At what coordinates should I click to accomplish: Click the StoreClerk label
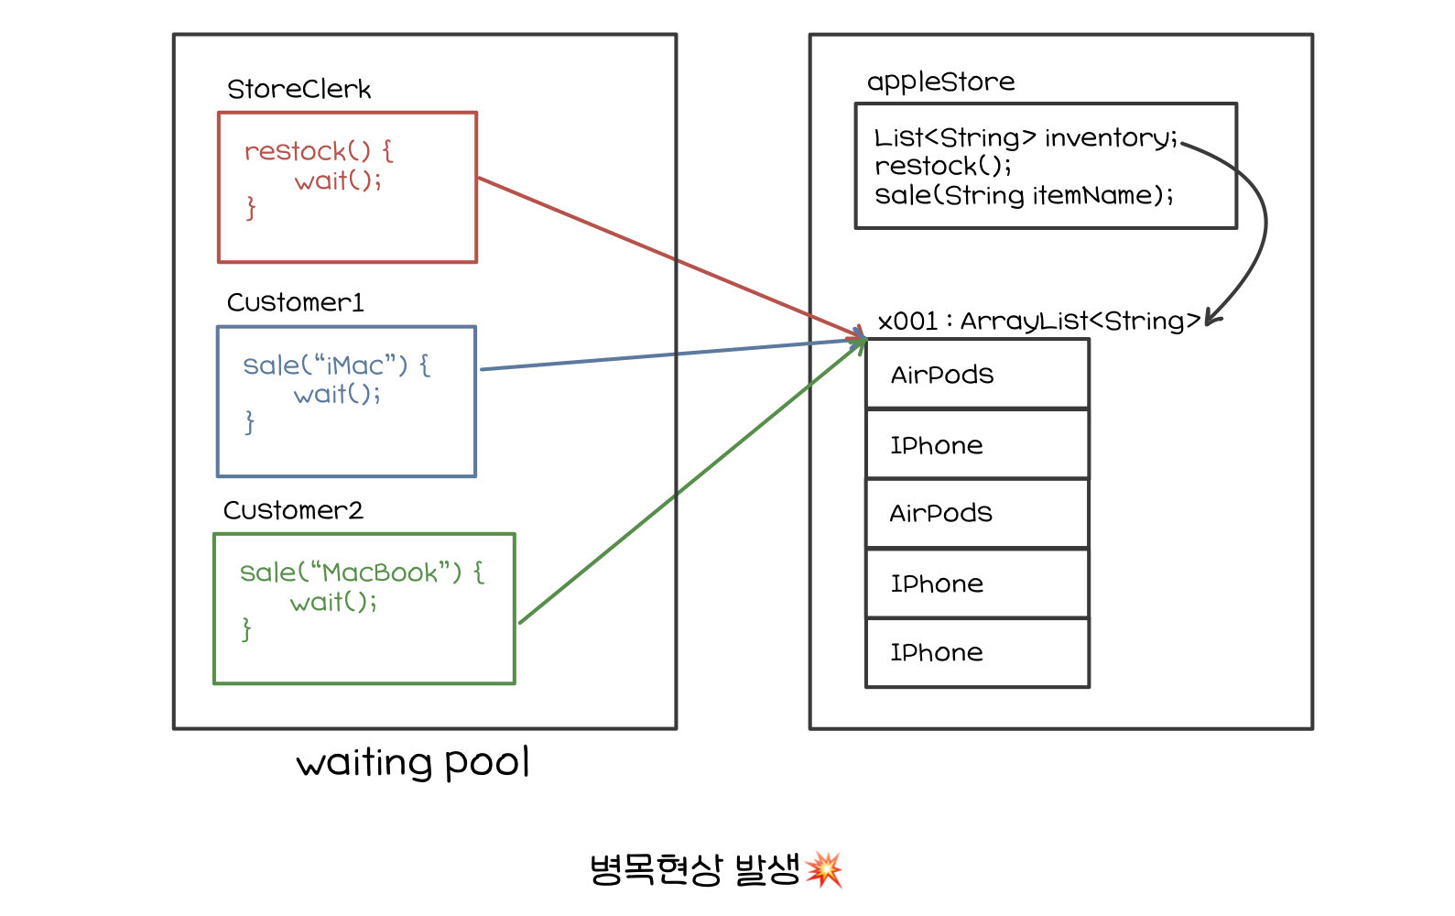[x=299, y=89]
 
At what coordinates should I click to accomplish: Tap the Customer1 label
[x=295, y=302]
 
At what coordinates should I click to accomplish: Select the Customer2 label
[x=293, y=510]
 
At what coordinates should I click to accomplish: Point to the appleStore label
[x=940, y=82]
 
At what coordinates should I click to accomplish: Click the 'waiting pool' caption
[x=413, y=763]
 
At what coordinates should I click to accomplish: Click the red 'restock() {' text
[x=319, y=151]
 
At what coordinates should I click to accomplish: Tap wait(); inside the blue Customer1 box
[x=336, y=394]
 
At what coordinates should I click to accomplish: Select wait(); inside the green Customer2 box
[x=333, y=602]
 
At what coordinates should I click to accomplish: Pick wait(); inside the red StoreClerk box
[x=338, y=180]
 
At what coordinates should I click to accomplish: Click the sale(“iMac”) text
[x=325, y=365]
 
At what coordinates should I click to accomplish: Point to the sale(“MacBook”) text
[x=351, y=572]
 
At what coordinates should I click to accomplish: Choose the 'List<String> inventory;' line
[x=1026, y=137]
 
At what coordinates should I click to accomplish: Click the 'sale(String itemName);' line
[x=1024, y=195]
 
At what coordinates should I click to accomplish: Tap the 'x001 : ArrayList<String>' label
[x=1039, y=321]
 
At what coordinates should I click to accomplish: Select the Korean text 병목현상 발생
[x=695, y=869]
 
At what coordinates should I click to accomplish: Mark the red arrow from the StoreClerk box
[x=671, y=258]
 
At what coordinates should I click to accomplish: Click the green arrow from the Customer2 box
[x=692, y=482]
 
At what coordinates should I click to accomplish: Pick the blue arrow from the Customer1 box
[x=673, y=354]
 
